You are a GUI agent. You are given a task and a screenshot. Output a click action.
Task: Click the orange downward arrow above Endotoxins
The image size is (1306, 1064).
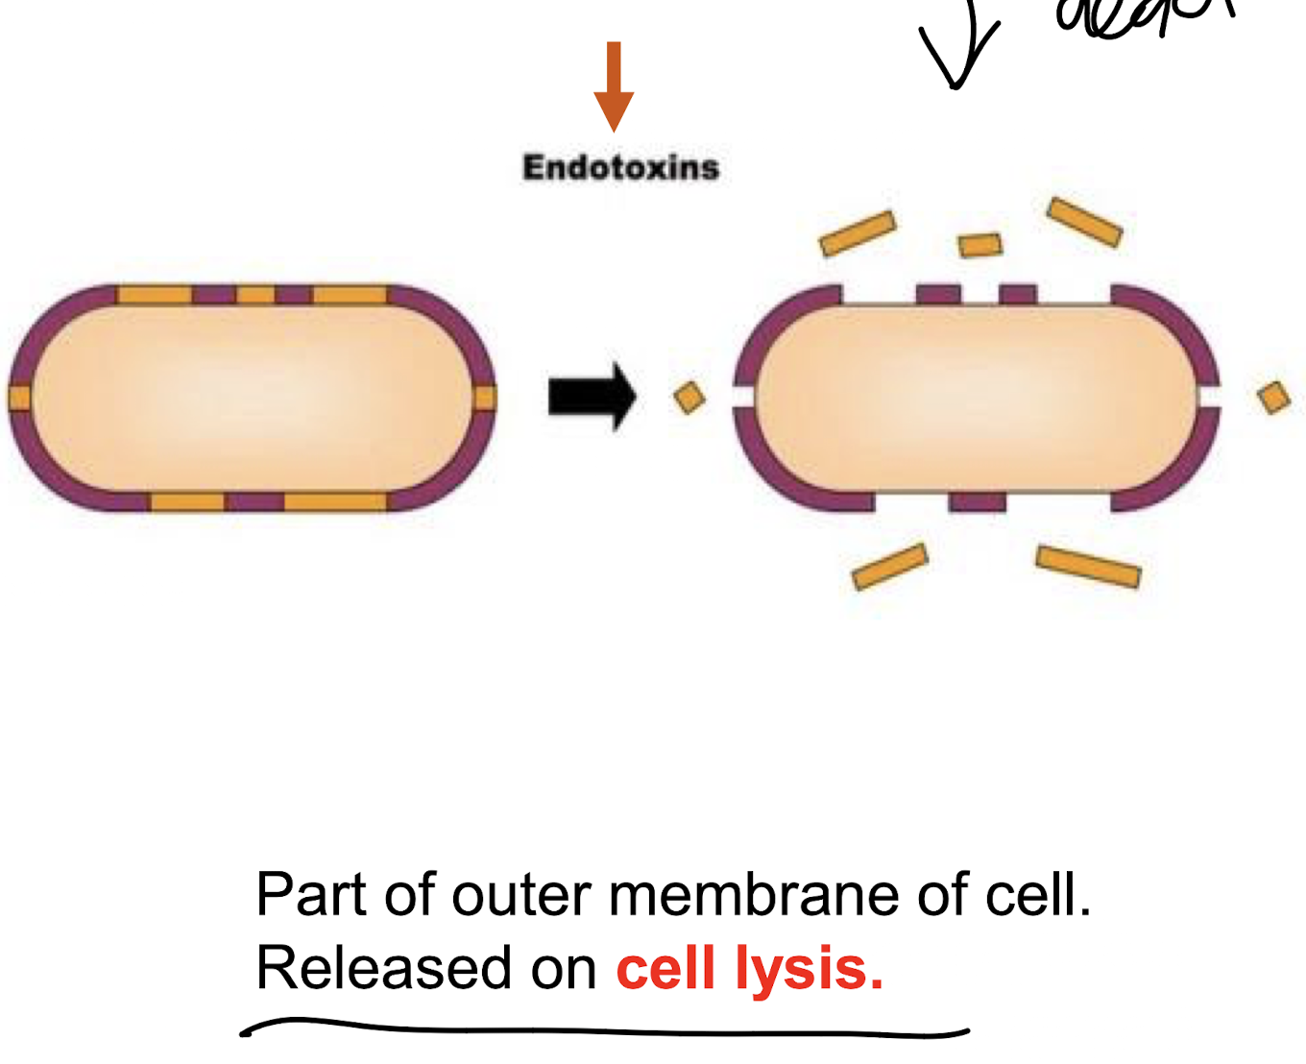pos(614,86)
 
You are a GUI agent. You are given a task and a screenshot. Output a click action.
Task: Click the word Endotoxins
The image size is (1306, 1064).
pos(620,167)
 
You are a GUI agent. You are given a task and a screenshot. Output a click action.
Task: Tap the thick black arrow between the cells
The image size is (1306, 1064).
pos(592,396)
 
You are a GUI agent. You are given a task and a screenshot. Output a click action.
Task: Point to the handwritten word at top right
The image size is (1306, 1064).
pos(1143,19)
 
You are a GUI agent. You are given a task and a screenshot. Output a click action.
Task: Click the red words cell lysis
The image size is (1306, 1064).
pos(749,968)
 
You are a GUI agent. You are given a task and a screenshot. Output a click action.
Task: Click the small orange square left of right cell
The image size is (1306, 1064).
pos(689,398)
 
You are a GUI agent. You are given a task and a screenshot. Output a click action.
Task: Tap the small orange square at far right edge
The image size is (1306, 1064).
pos(1274,397)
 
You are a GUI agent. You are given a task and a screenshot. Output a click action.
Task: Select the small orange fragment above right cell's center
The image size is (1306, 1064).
pos(980,246)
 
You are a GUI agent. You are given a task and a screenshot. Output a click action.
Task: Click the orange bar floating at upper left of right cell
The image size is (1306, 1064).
pos(858,233)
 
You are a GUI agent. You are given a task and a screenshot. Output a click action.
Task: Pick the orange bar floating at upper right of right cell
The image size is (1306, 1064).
pos(1084,222)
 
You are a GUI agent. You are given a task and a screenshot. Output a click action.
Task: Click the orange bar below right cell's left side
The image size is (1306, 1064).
pos(889,567)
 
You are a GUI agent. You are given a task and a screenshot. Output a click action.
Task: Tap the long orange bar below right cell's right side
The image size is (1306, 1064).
pos(1088,567)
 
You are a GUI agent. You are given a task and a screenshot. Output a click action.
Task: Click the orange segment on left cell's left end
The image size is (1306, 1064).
pos(19,398)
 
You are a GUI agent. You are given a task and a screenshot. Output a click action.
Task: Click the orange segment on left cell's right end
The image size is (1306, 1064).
pos(485,398)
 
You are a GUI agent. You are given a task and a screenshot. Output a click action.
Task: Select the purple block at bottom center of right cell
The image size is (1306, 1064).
pos(977,501)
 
